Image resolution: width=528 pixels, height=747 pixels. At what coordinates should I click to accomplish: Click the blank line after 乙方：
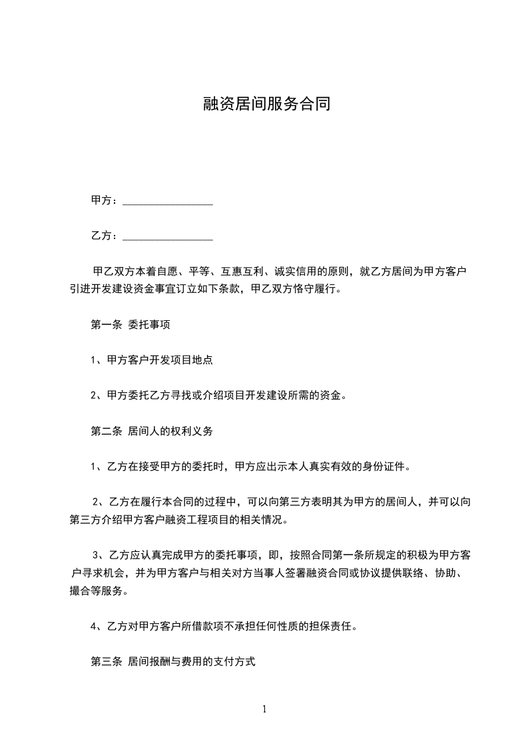[168, 236]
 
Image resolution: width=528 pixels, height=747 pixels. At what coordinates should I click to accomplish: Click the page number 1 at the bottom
[264, 709]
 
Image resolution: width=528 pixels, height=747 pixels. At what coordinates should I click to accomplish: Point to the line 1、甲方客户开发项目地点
[151, 360]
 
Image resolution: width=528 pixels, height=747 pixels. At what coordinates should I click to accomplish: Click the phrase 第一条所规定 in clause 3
[340, 555]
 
